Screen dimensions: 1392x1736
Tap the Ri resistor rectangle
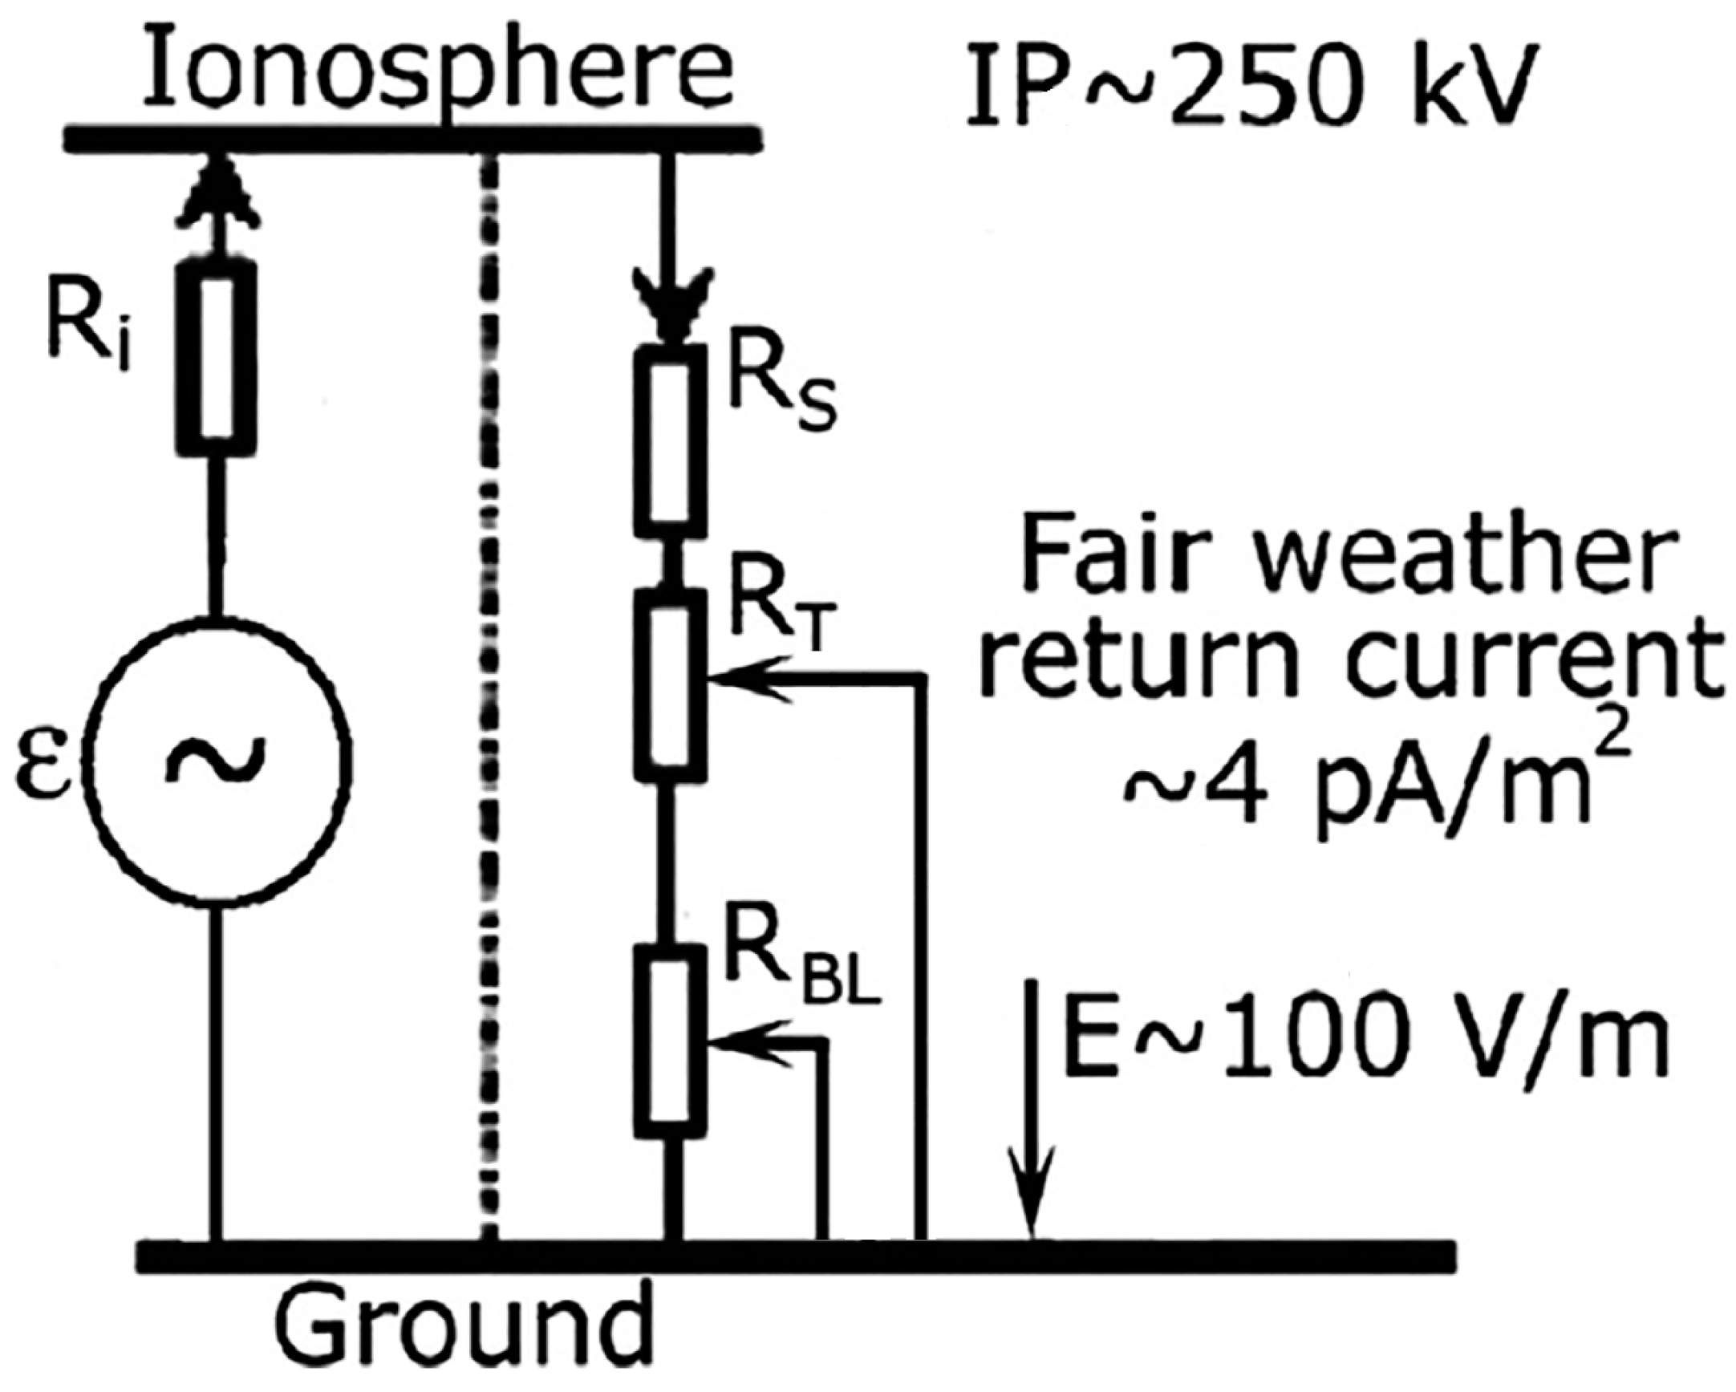[216, 359]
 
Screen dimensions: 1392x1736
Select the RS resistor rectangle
[670, 441]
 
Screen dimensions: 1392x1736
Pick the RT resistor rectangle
[670, 684]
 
